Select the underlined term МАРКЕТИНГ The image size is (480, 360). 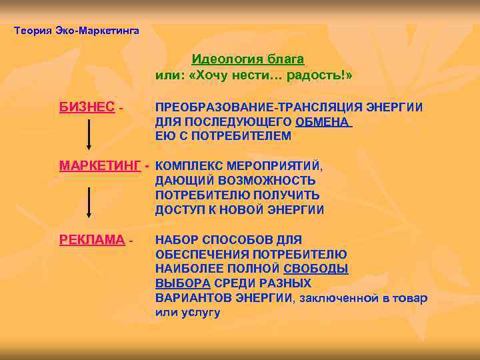tap(99, 166)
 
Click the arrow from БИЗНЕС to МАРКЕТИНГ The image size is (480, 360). tap(89, 137)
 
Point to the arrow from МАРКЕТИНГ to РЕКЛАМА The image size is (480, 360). tap(89, 203)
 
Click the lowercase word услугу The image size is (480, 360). tap(198, 313)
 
